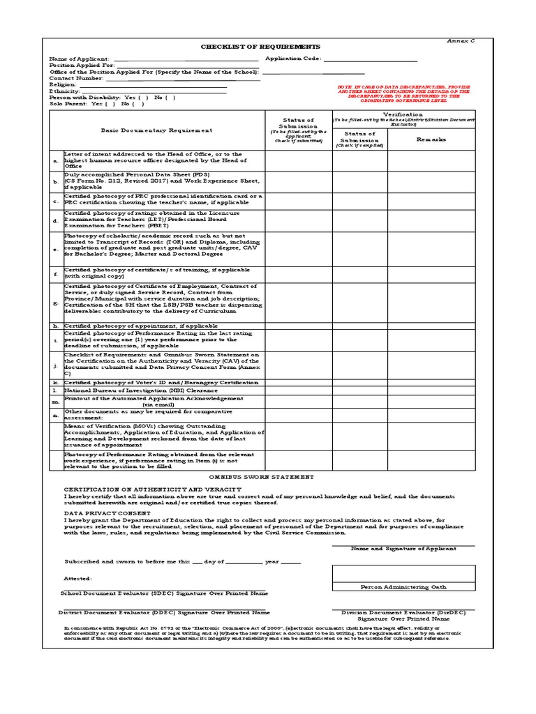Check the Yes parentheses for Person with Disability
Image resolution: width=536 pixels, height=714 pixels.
(x=144, y=98)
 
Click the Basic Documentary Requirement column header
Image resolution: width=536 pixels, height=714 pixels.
(x=156, y=130)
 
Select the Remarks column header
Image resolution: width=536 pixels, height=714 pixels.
(x=431, y=139)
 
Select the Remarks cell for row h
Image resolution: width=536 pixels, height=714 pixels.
(x=431, y=326)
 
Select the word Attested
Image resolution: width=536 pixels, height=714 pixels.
(x=77, y=578)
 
